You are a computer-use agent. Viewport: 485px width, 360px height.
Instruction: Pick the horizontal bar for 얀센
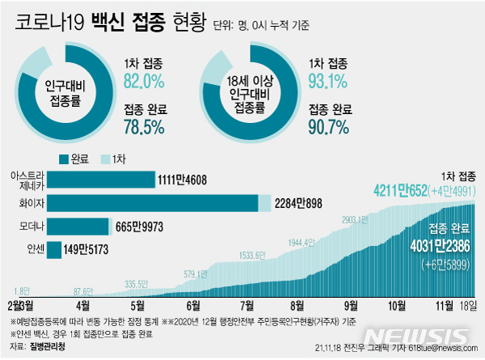point(55,250)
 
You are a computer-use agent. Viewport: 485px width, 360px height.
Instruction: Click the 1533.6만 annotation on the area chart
point(252,256)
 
